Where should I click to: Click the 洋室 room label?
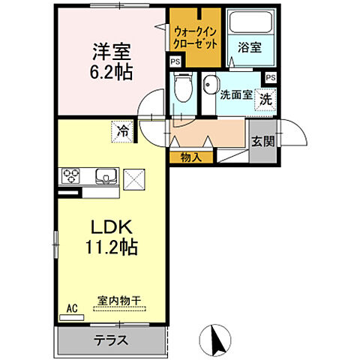click(x=112, y=52)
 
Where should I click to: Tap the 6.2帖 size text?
click(x=112, y=73)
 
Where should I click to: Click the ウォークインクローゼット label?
click(x=195, y=38)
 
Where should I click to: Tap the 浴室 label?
click(x=249, y=47)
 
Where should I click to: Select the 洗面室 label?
click(x=235, y=95)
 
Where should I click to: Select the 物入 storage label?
click(x=190, y=157)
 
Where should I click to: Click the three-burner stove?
click(x=72, y=177)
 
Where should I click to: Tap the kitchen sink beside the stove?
click(x=104, y=177)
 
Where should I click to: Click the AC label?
click(x=72, y=308)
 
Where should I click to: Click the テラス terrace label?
click(x=110, y=339)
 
